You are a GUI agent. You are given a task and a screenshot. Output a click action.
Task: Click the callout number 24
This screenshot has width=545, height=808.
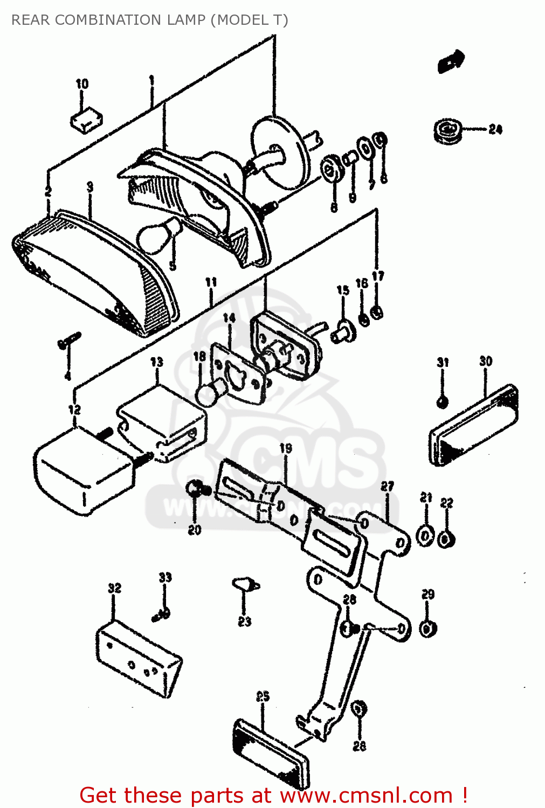495,129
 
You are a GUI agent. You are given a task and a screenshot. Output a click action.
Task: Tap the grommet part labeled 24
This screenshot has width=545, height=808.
447,131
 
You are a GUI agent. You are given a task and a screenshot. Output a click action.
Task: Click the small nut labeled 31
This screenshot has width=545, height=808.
442,401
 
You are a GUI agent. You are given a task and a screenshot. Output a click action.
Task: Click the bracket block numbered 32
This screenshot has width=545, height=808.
139,659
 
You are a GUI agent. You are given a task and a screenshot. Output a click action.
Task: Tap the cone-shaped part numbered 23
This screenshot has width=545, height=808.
245,584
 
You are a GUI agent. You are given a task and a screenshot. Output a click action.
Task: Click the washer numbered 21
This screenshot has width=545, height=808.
425,536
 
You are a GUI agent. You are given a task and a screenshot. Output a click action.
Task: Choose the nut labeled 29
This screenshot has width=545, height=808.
428,629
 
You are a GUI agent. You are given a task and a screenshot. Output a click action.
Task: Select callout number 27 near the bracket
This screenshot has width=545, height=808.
387,486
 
